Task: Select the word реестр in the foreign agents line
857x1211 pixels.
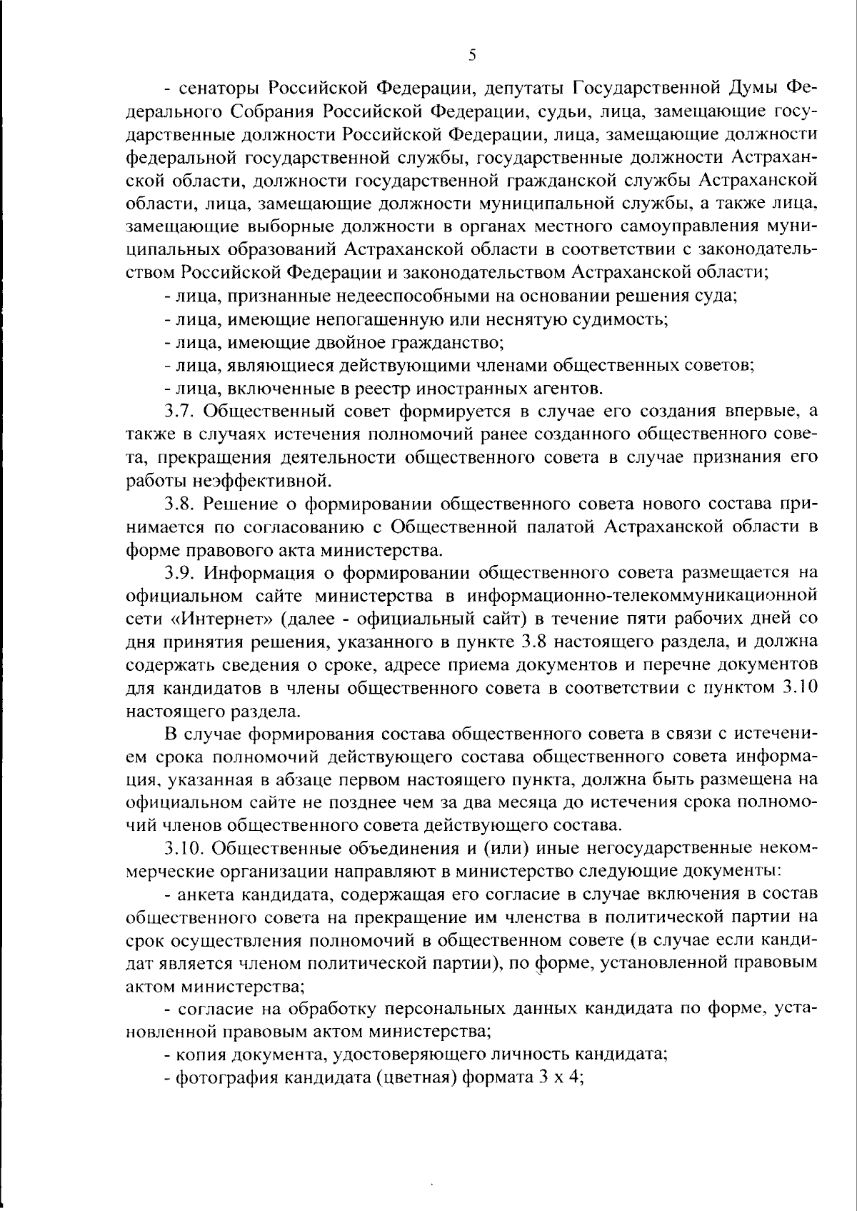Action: tap(350, 388)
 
